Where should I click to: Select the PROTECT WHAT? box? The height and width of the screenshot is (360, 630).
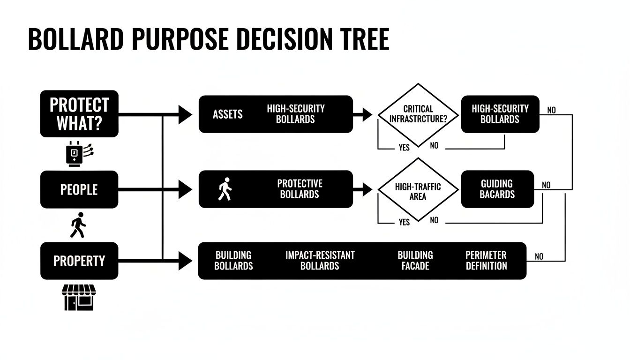coord(79,113)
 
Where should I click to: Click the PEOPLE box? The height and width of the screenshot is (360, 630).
coord(79,189)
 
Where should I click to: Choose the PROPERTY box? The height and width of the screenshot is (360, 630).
coord(79,261)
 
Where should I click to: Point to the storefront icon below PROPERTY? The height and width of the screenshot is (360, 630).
coord(78,297)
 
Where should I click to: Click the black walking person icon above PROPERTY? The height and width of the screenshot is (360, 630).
coord(78,225)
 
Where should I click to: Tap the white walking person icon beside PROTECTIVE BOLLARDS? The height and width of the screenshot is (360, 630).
coord(225,189)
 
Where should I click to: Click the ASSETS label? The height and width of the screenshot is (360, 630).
coord(227,114)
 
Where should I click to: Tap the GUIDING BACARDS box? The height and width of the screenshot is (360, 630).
coord(497,189)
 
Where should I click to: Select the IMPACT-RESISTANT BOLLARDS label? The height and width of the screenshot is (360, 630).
coord(320,261)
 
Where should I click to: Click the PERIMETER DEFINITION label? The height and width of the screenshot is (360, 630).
coord(486,261)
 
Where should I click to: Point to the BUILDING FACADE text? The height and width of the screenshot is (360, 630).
coord(415,261)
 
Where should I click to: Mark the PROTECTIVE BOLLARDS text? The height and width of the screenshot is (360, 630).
coord(300,189)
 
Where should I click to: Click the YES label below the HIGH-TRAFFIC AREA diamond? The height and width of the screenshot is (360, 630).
coord(404,222)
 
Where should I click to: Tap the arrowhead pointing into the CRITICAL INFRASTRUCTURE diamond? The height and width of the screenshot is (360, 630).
coord(367,114)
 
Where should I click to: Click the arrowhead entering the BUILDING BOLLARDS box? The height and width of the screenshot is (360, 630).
coord(186,261)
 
